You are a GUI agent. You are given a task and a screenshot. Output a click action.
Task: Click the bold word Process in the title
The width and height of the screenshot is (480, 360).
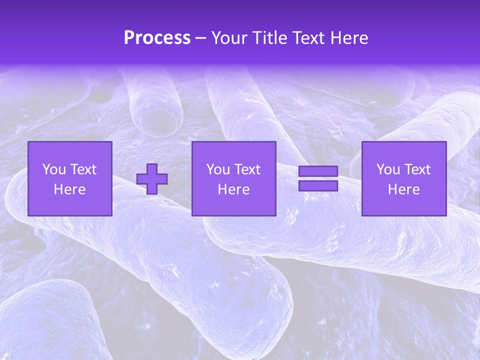157,37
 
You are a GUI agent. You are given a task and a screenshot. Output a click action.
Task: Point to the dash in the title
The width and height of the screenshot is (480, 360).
201,38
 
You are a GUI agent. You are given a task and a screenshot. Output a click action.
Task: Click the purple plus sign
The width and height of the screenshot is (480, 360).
152,179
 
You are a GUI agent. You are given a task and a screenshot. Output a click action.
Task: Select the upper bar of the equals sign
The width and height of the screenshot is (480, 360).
318,171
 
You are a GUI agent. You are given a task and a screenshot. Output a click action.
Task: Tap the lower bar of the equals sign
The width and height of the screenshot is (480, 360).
318,185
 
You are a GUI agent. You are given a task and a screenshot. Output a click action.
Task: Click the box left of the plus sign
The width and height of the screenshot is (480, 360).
69,178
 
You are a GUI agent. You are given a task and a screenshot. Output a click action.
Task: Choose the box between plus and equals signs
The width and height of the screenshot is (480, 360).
233,178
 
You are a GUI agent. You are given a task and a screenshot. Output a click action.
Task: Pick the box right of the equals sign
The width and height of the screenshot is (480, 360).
403,178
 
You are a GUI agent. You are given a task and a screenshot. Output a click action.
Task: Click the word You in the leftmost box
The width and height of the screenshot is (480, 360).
54,169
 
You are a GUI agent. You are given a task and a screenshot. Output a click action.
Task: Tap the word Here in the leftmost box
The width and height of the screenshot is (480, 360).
69,189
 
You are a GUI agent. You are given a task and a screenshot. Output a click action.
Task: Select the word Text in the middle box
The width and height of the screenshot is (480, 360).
247,169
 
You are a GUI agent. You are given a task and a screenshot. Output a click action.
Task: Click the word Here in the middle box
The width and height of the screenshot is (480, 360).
233,189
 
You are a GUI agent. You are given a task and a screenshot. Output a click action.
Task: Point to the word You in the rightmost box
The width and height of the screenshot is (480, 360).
388,169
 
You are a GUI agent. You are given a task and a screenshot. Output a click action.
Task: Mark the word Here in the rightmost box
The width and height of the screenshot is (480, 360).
403,189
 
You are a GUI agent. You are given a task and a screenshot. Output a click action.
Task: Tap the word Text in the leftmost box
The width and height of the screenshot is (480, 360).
83,169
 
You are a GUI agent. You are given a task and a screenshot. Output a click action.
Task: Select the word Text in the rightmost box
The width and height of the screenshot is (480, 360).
417,169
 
